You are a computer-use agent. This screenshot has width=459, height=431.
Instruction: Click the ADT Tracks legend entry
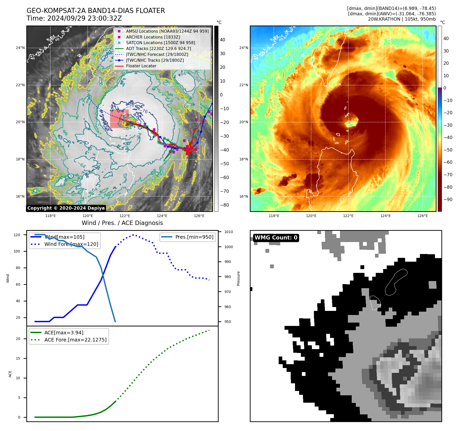158,48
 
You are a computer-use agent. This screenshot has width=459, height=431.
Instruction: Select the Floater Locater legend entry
141,66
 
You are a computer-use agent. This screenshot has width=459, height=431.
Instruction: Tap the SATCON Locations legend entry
160,43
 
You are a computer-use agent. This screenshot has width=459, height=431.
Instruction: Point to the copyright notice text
66,208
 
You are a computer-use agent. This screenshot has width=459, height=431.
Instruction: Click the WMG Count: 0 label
276,238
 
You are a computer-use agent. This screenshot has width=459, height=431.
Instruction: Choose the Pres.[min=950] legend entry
194,237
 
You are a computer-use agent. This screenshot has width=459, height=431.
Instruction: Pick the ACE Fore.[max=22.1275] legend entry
75,340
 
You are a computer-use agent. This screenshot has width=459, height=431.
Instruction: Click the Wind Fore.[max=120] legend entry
71,244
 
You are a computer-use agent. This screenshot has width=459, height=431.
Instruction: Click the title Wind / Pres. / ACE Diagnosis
122,223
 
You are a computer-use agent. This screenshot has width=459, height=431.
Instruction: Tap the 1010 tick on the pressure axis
229,232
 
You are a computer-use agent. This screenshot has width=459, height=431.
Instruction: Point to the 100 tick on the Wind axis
17,251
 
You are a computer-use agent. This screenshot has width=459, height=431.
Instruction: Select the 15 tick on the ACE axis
18,358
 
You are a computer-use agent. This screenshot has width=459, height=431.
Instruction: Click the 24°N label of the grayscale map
20,48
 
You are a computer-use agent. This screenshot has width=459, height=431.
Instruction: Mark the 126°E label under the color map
422,216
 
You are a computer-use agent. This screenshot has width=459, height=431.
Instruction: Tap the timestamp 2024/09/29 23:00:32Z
85,18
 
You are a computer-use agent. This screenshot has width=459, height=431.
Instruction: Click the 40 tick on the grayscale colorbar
222,40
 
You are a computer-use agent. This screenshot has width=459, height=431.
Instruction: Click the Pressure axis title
238,278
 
